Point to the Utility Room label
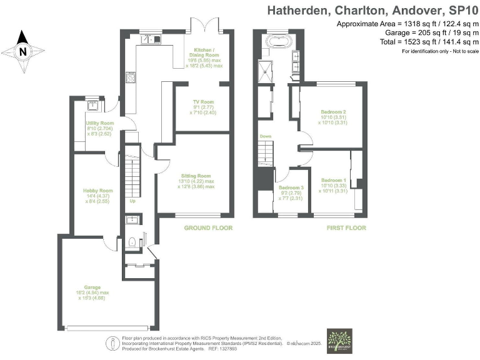(99, 128)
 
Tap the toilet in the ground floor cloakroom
(132, 241)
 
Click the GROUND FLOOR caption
(207, 228)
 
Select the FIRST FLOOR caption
(346, 228)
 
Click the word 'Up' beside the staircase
(132, 202)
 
